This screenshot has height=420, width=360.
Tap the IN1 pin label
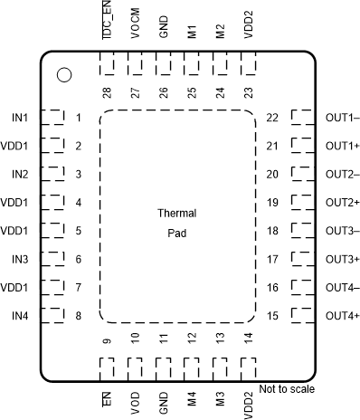pos(20,118)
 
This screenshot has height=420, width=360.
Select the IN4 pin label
pos(20,316)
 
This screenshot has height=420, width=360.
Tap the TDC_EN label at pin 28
pos(107,20)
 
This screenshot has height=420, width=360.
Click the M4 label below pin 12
pos(192,399)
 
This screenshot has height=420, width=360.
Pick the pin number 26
pos(164,91)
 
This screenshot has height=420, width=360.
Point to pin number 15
pos(271,316)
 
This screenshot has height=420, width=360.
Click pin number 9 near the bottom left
pos(107,341)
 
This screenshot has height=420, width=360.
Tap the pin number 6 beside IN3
pos(79,260)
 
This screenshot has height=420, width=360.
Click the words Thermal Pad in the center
pos(176,222)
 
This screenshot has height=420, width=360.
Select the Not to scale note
pos(286,389)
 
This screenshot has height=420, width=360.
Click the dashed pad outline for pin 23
pos(249,65)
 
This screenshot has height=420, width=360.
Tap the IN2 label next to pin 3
pos(20,175)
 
